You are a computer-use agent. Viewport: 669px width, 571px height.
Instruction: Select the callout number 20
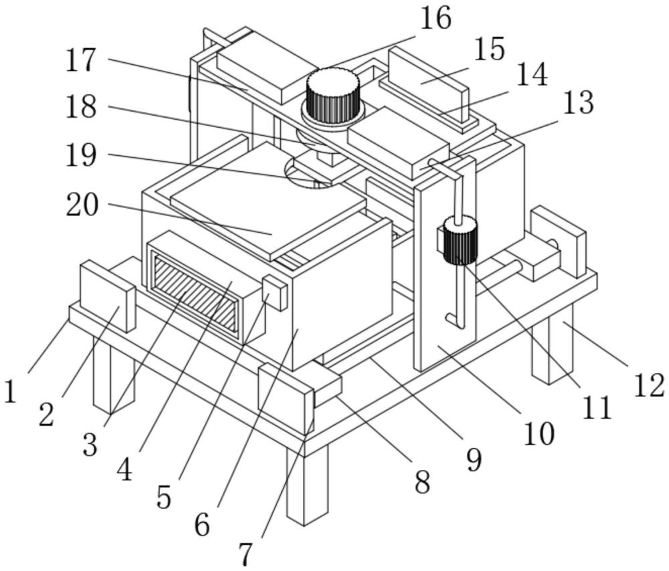tap(82, 205)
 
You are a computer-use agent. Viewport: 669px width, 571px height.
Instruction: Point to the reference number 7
tap(247, 554)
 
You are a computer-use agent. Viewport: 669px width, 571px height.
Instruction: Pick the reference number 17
tap(82, 62)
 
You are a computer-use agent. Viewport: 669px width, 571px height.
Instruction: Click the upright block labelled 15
tap(429, 83)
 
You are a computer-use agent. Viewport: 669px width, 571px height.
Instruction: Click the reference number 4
tap(124, 470)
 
